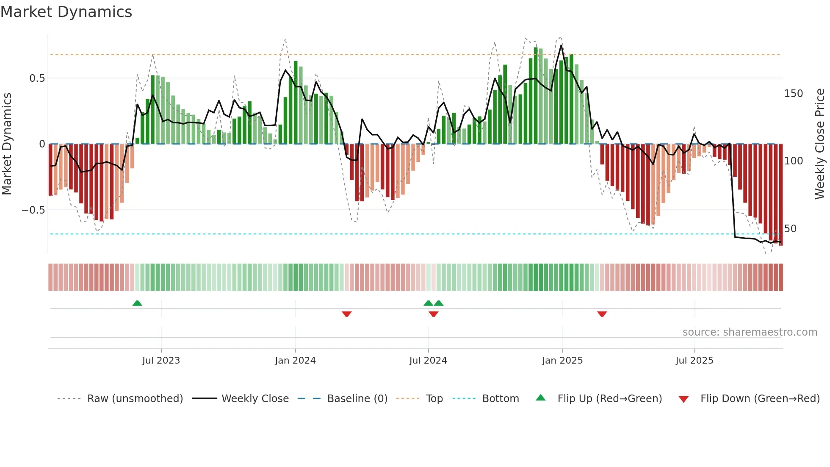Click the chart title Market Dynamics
(x=66, y=12)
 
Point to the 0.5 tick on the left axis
(x=37, y=78)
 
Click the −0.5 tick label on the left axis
(x=33, y=210)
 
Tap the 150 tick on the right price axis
(x=793, y=94)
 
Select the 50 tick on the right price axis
(x=790, y=229)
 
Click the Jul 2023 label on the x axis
(x=161, y=361)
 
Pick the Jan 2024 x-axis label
(x=295, y=361)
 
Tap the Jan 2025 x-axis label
(x=562, y=361)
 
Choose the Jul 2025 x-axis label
(x=694, y=361)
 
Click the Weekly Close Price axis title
(x=820, y=144)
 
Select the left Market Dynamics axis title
(x=7, y=144)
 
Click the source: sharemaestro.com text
(x=750, y=332)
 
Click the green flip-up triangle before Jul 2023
(x=137, y=303)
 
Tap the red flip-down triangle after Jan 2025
(x=602, y=314)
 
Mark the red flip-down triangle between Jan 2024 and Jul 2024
(x=347, y=314)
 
